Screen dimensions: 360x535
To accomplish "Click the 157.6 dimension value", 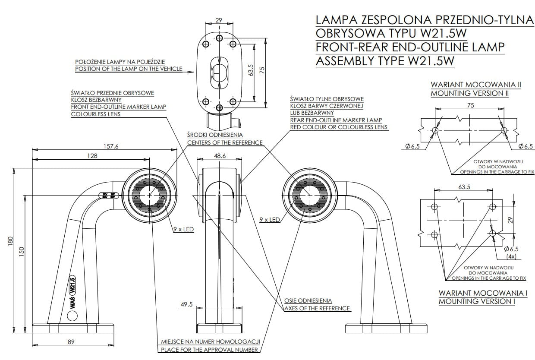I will [x=111, y=146].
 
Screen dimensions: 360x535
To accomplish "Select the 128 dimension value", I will [x=92, y=156].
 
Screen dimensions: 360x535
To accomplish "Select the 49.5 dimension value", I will [x=186, y=304].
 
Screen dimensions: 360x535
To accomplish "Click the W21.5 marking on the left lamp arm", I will [x=73, y=285].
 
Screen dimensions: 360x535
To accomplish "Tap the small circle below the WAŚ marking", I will [x=72, y=316].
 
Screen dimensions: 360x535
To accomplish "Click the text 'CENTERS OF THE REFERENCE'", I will [x=224, y=142].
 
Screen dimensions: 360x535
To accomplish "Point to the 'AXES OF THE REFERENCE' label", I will [x=317, y=308].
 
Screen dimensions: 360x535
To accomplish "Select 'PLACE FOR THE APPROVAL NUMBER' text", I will [x=209, y=350].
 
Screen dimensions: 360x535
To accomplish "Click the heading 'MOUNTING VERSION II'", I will [x=469, y=93].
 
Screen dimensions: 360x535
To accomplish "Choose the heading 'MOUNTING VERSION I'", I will [x=477, y=301].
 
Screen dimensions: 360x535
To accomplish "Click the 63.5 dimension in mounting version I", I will [x=463, y=187].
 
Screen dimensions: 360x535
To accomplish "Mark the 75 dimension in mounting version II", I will [x=470, y=105].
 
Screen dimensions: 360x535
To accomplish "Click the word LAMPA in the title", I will [x=337, y=20].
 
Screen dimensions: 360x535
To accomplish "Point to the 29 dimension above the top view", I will [x=219, y=20].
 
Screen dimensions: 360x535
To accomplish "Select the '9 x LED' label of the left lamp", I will [x=183, y=230].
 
